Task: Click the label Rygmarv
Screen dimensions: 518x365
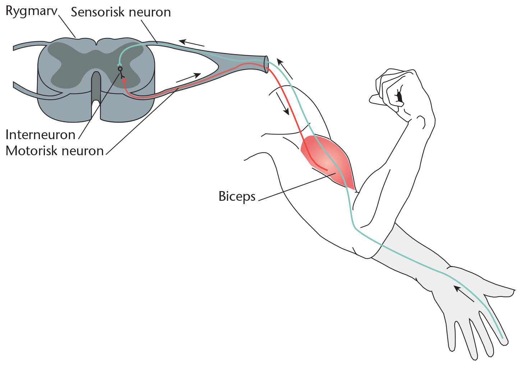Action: [x=32, y=11]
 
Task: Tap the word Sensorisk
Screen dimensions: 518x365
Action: [x=98, y=12]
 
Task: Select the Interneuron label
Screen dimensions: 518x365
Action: [x=41, y=134]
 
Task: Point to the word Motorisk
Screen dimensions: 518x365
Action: [x=32, y=151]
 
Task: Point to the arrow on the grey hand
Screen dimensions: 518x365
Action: [x=463, y=294]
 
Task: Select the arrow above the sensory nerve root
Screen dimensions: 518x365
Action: [x=191, y=43]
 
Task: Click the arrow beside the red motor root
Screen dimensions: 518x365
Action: [x=189, y=77]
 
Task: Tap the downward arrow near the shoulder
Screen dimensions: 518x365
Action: [x=283, y=104]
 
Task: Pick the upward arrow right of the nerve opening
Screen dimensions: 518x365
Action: [x=285, y=69]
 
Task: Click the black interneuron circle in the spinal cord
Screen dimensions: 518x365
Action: [x=120, y=69]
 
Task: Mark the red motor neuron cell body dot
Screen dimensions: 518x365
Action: [x=124, y=80]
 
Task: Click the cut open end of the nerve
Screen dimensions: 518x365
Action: [x=267, y=65]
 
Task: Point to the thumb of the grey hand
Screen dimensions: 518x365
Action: [x=499, y=290]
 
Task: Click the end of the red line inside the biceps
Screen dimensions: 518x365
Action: [x=327, y=170]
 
